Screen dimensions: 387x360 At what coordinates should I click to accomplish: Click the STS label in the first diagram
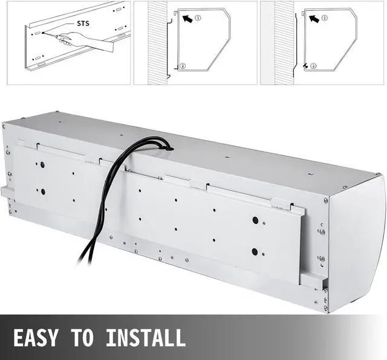coord(83,24)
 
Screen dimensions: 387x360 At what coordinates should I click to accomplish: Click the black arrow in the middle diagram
coord(187,18)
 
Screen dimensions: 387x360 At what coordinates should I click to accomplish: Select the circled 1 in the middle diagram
coord(198,18)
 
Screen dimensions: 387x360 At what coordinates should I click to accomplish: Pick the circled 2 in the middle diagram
coord(183,66)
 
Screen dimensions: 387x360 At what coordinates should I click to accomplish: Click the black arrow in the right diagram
coord(314,18)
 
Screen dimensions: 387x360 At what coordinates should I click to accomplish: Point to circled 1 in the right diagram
coord(325,18)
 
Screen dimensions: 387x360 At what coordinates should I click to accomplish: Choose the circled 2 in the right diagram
coord(313,66)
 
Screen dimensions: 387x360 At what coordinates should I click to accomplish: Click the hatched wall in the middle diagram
coord(157,43)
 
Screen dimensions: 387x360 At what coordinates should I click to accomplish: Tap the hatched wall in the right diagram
coord(284,43)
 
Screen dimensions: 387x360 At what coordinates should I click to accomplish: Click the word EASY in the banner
coord(35,337)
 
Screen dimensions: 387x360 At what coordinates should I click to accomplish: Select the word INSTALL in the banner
coord(146,337)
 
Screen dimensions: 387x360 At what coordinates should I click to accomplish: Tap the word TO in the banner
coord(82,337)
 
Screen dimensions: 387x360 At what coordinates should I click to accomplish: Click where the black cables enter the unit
coord(169,148)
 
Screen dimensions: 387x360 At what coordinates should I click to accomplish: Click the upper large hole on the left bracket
coord(42,164)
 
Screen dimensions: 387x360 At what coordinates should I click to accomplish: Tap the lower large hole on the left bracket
coord(43,191)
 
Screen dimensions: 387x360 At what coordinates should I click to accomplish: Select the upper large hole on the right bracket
coord(255,220)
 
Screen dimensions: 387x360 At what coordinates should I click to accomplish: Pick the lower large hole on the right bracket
coord(255,251)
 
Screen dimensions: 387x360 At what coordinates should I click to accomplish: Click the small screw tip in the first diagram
coord(44,33)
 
